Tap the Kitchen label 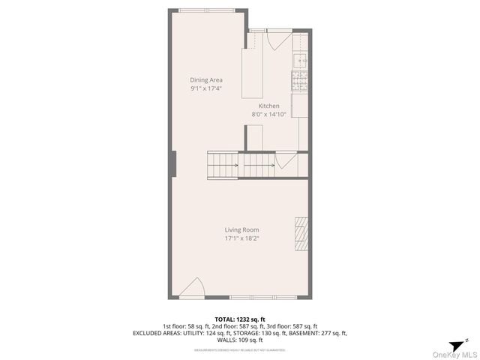click(269, 106)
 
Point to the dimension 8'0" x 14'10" click(269, 115)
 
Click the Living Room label click(241, 230)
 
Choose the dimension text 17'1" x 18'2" click(241, 238)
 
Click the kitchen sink click(300, 61)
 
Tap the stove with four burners click(299, 80)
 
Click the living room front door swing click(193, 289)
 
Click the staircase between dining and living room click(241, 164)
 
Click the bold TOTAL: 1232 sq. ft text click(240, 319)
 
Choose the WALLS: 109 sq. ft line click(240, 340)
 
